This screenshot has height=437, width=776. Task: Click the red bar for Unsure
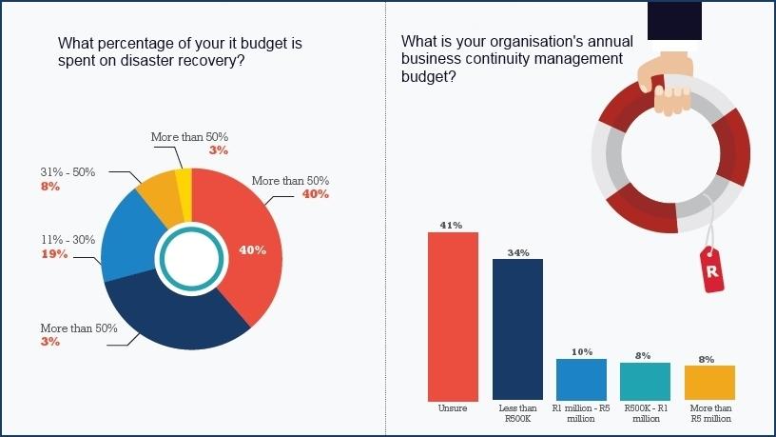pos(453,315)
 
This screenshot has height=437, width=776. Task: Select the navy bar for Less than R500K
pos(517,328)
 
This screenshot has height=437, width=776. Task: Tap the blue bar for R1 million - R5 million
pos(581,379)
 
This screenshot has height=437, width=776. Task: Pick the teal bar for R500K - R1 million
pos(645,381)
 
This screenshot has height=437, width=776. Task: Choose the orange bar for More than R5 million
pos(709,382)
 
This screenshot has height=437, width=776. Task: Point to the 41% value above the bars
pos(451,226)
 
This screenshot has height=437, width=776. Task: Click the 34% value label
pos(517,252)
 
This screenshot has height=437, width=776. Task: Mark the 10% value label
pos(581,352)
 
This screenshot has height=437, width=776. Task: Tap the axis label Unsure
pos(453,407)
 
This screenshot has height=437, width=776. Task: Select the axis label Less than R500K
pos(517,413)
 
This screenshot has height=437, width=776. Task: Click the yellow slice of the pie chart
pos(185,182)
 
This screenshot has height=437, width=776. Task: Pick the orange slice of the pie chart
pos(155,195)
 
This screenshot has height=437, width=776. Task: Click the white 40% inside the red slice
pos(252,250)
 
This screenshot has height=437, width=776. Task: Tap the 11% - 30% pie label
pos(68,240)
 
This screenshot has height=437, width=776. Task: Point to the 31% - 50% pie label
pos(68,172)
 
